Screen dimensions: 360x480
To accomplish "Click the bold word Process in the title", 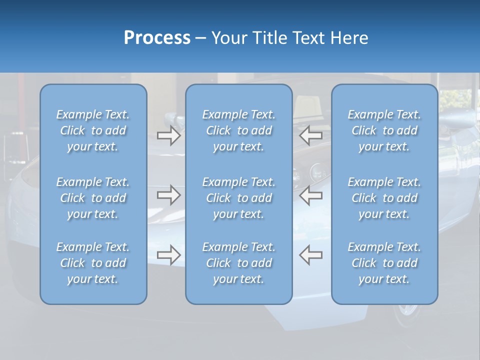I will coord(157,38).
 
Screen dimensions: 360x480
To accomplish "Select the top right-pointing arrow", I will coord(168,135).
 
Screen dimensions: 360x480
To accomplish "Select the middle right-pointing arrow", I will coord(168,194).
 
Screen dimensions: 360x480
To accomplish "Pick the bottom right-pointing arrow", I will coord(168,255).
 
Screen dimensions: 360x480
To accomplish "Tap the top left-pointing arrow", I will coord(310,135).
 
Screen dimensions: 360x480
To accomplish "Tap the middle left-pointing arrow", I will coord(310,194).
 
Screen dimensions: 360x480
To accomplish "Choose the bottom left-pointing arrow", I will coord(310,254).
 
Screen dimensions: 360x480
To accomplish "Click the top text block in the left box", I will coord(93,130).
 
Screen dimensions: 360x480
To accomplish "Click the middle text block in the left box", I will coord(93,198).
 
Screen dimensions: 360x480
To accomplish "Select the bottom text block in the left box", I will coord(93,263).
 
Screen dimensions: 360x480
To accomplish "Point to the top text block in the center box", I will coord(239,130).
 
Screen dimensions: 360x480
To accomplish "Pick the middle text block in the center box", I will coord(239,198).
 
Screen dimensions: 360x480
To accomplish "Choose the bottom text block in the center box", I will coord(239,263).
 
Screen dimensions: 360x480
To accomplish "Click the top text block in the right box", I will coord(384,130).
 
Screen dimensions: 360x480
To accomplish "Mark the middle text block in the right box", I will coord(384,198).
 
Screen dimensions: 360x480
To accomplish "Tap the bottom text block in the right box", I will coord(384,263).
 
